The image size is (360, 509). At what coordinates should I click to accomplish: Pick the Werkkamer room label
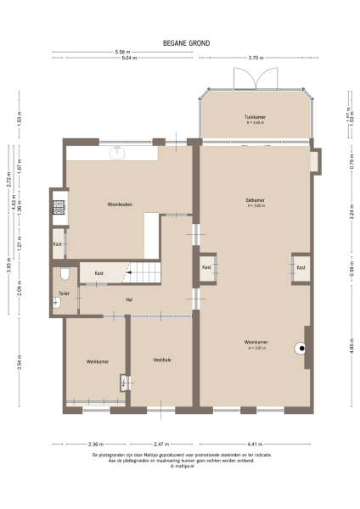pos(97,361)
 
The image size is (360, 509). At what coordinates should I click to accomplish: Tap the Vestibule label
pos(162,360)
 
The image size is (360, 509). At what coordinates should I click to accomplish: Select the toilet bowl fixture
pos(65,275)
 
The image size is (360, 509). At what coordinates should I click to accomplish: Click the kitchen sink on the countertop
pos(121,154)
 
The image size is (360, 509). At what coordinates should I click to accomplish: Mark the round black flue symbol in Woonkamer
pos(301,347)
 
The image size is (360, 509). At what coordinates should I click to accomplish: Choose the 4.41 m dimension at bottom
pos(256,444)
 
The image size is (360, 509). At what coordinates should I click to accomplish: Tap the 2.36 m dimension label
pos(95,444)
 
